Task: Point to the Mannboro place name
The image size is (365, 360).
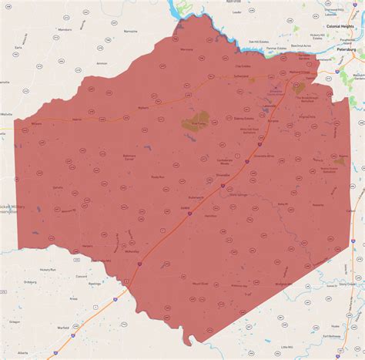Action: (x=65, y=30)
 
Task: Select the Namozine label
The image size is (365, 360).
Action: (x=130, y=32)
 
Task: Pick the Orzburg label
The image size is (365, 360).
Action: (x=30, y=281)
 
